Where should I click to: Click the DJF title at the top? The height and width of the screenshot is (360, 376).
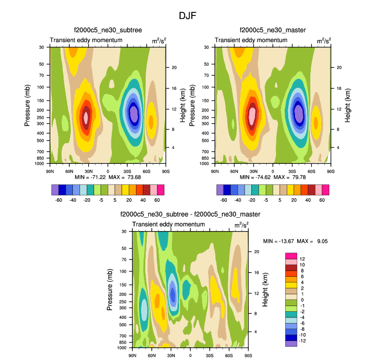pyautogui.click(x=187, y=16)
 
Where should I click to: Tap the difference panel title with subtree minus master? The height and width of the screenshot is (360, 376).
pyautogui.click(x=190, y=214)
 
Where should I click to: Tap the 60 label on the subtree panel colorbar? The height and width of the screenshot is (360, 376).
pyautogui.click(x=157, y=200)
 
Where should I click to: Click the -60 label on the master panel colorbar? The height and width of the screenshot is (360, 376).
pyautogui.click(x=224, y=200)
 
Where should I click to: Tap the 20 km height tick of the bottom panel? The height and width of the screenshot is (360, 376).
pyautogui.click(x=256, y=252)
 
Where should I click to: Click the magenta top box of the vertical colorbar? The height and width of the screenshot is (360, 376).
pyautogui.click(x=291, y=256)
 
